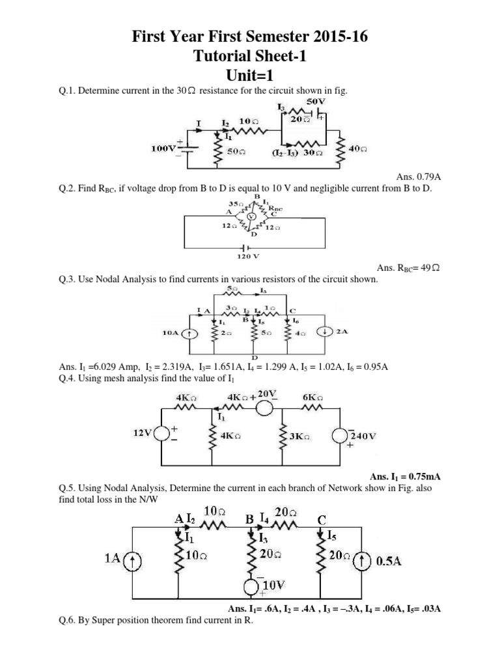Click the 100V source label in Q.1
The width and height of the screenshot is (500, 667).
coord(163,148)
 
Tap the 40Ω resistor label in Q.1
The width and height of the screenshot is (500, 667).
coord(358,149)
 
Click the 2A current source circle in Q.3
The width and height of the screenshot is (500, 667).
coord(324,332)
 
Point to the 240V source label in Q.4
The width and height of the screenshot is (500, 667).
coord(363,435)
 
